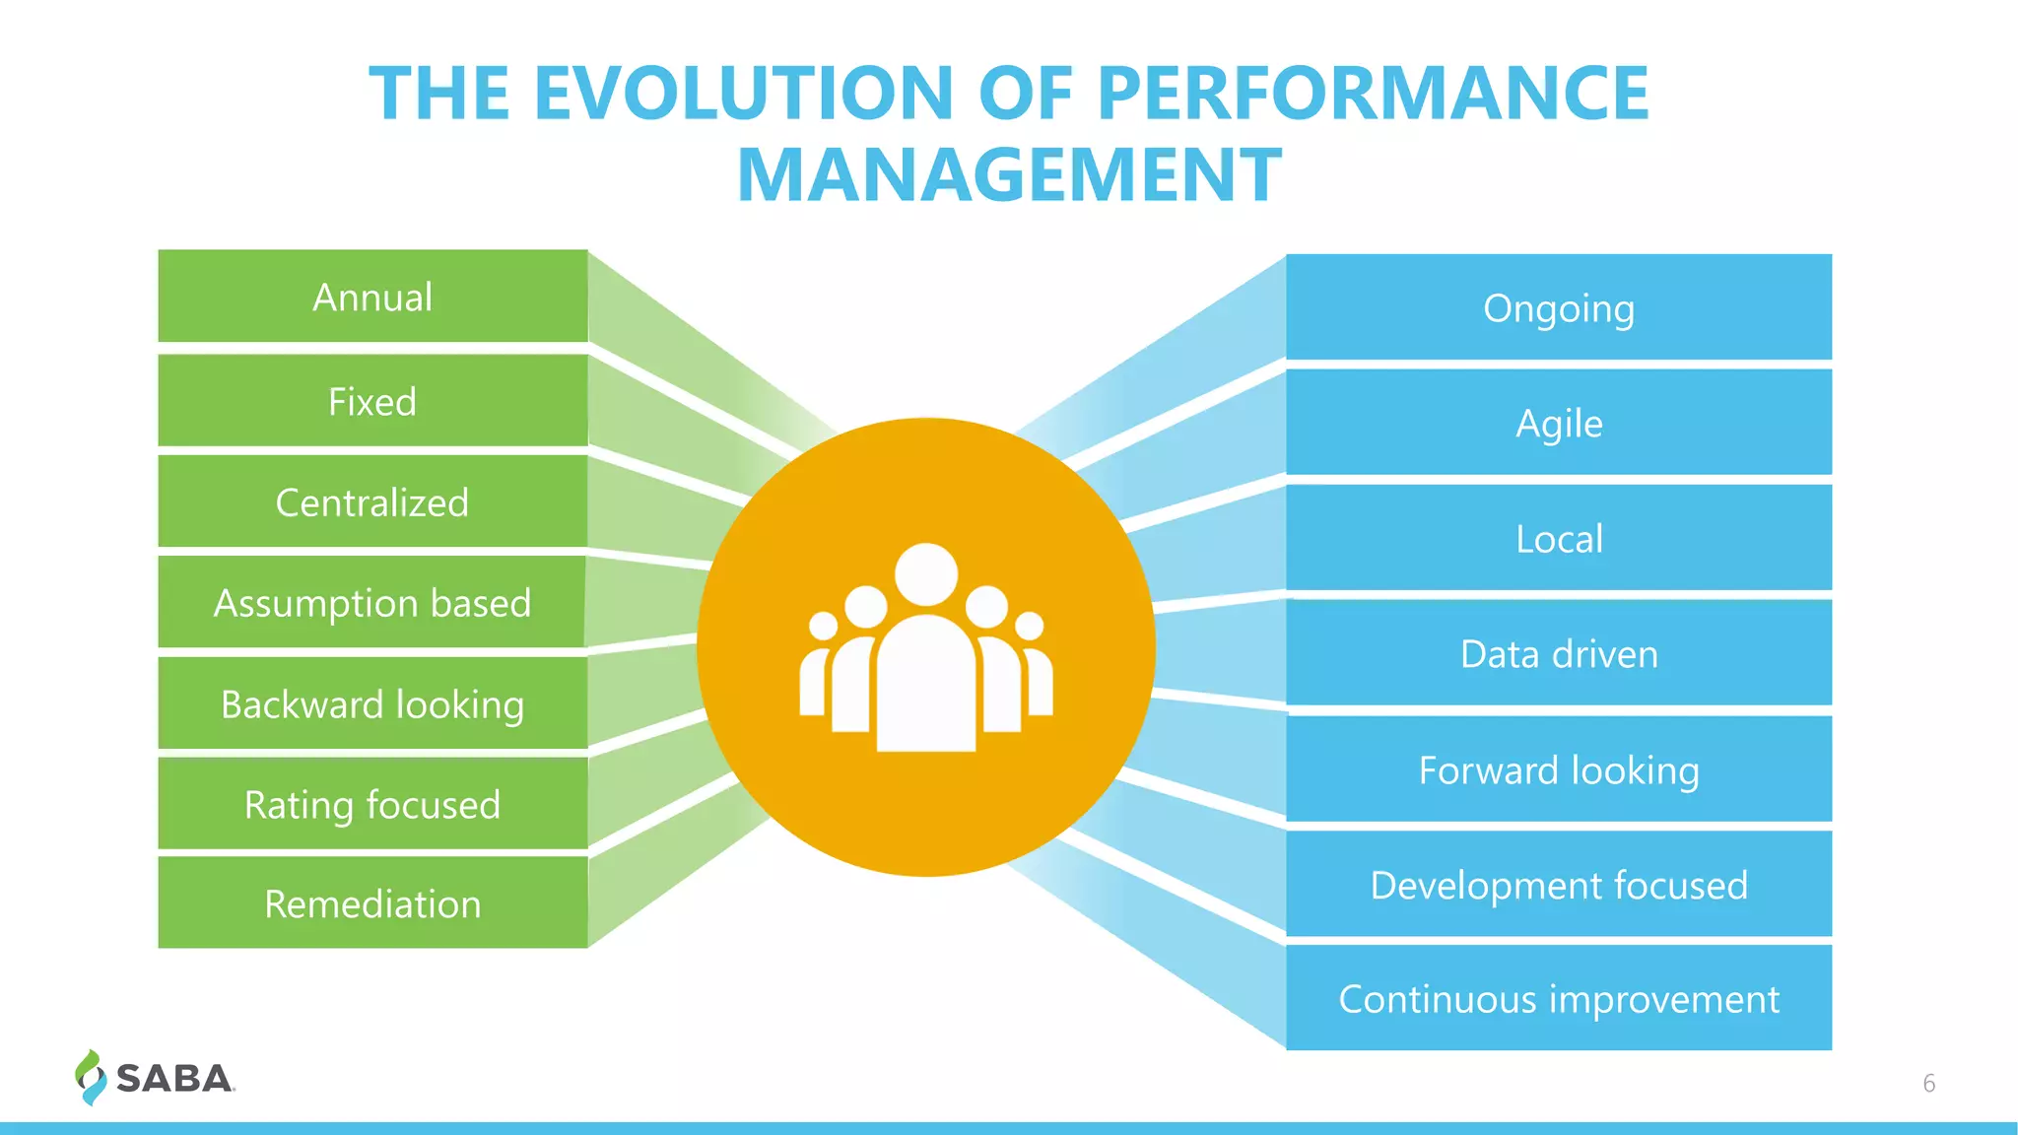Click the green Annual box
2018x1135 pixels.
point(372,297)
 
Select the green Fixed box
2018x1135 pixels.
point(372,401)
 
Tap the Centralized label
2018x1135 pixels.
point(372,502)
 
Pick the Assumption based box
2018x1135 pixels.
point(372,602)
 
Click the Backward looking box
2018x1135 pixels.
point(372,703)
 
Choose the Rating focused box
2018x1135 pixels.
point(372,804)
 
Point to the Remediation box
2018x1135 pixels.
point(372,903)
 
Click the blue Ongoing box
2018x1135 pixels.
point(1558,307)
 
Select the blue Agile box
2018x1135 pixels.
point(1558,423)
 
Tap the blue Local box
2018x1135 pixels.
point(1558,538)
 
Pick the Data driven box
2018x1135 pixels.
point(1558,653)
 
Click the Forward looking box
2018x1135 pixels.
point(1558,769)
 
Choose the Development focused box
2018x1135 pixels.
point(1558,885)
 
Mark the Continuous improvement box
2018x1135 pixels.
point(1558,998)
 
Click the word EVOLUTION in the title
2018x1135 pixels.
point(744,94)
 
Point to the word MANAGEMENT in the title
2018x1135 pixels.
point(1009,175)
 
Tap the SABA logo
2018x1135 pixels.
point(156,1078)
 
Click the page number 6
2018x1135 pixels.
point(1928,1083)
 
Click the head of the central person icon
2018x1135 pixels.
point(926,574)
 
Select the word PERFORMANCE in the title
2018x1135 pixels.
point(1373,94)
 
